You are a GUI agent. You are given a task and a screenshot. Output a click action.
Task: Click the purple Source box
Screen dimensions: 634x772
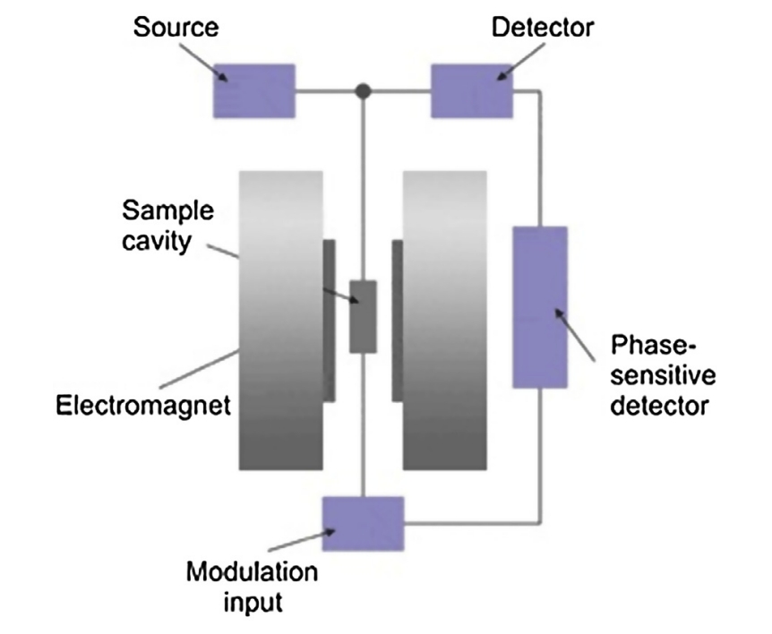click(x=253, y=90)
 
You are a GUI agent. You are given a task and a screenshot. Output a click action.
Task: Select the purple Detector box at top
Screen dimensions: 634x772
click(x=472, y=90)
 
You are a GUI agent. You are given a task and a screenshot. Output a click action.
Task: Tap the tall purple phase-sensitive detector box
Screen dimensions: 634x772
click(x=540, y=307)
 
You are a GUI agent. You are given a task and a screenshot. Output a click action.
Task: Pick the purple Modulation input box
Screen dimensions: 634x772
click(x=363, y=523)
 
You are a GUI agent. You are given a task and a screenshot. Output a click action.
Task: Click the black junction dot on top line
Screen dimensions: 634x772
click(x=363, y=90)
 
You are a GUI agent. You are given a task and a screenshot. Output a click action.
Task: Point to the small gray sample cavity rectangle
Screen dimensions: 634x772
click(x=363, y=316)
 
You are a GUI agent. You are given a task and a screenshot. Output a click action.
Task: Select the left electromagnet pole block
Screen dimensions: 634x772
click(x=281, y=321)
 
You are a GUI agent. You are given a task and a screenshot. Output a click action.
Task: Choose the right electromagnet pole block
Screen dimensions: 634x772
click(x=445, y=321)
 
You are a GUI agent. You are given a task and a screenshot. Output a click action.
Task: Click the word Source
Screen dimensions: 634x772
click(x=176, y=28)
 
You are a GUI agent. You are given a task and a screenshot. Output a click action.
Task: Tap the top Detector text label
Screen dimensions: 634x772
click(x=543, y=28)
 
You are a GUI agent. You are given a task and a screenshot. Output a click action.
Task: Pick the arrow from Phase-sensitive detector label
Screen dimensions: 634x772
click(x=582, y=331)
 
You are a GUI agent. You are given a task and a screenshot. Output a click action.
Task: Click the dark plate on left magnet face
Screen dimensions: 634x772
click(x=330, y=321)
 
